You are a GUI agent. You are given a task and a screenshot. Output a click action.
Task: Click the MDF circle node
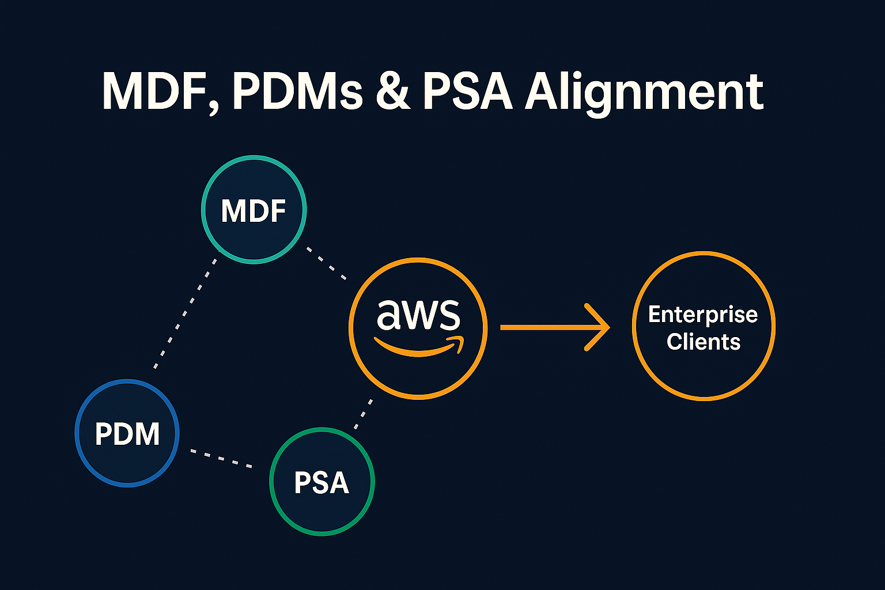[254, 210]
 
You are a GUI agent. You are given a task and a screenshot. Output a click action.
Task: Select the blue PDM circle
[127, 433]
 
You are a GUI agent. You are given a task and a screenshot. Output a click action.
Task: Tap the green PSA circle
[322, 482]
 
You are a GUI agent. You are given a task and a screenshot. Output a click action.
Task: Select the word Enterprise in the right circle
[703, 315]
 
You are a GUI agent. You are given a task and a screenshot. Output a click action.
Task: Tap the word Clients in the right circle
[703, 342]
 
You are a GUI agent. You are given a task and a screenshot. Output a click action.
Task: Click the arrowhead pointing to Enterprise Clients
[599, 327]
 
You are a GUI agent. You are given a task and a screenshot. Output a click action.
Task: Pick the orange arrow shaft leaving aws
[542, 327]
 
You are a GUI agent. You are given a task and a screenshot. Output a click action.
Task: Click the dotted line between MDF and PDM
[186, 313]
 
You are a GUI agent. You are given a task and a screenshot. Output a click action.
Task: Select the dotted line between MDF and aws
[326, 264]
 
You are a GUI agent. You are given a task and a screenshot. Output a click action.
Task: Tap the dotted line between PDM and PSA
[221, 458]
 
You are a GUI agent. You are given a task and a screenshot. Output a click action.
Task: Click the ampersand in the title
[393, 92]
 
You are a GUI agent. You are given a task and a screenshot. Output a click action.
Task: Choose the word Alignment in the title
[644, 92]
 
